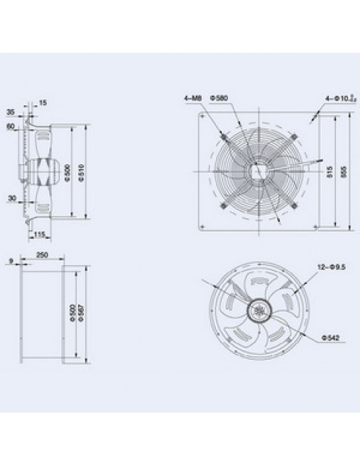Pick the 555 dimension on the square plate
click(342, 171)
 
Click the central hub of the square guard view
click(259, 169)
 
